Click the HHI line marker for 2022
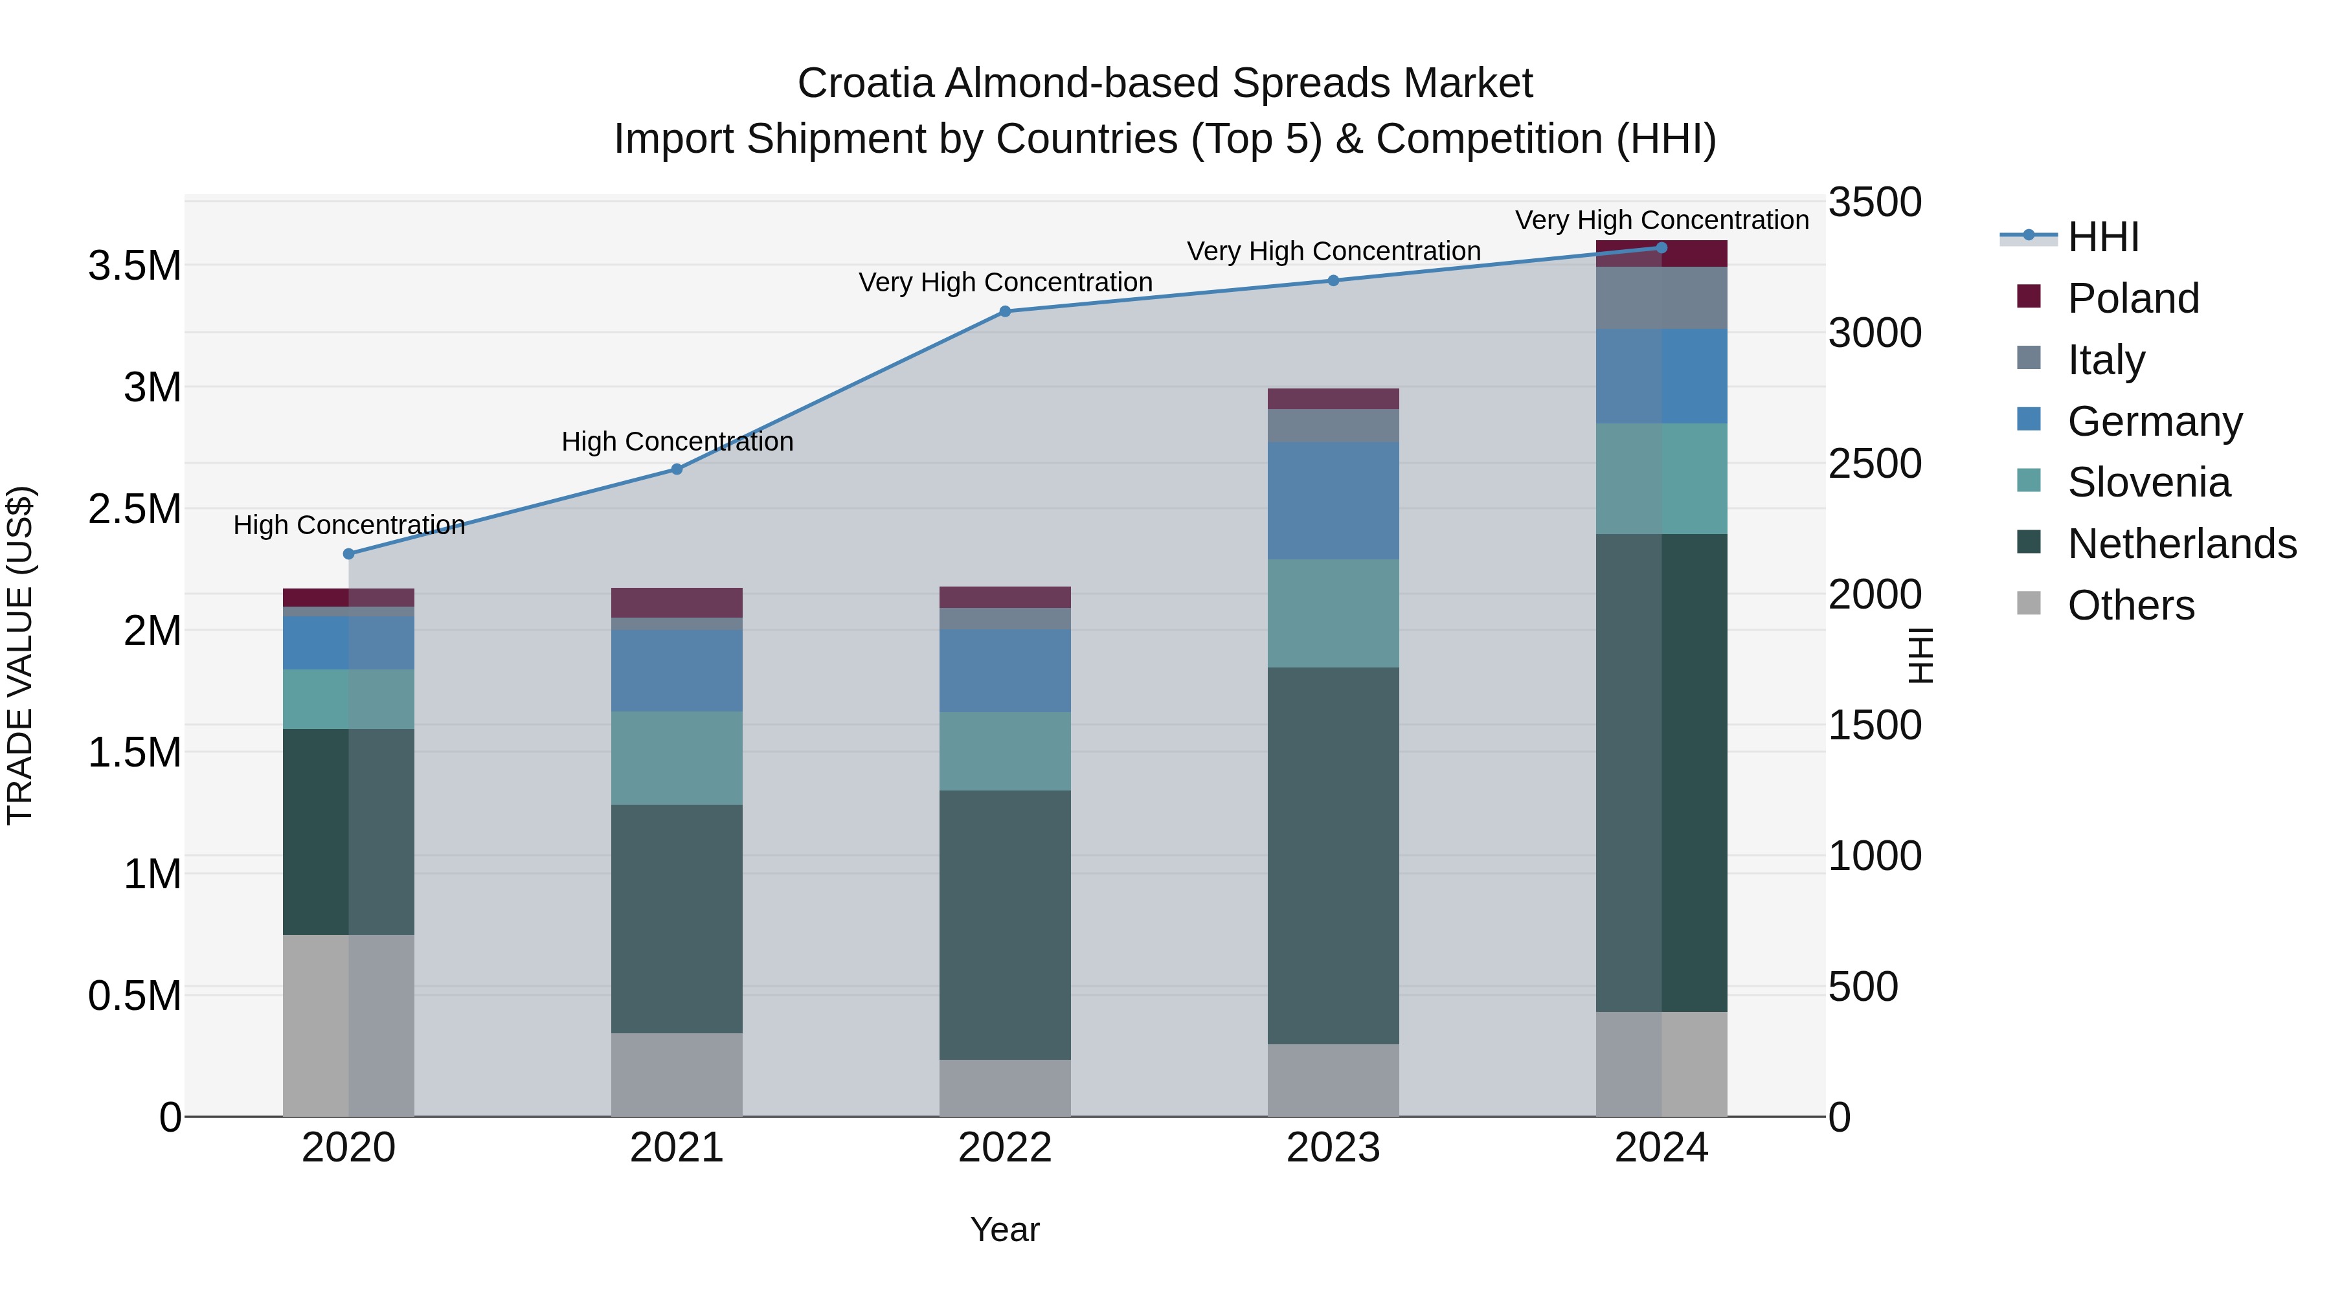coord(1004,311)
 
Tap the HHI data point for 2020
coord(348,554)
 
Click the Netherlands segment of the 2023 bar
coord(1333,855)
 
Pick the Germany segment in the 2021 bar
coord(677,671)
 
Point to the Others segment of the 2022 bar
coord(1004,1088)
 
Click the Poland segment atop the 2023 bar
coord(1333,399)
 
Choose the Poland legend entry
coord(2133,298)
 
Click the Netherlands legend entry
coord(2181,544)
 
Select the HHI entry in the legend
coord(2103,237)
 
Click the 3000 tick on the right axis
coord(1874,333)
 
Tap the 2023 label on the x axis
coord(1333,1148)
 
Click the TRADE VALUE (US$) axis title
coord(20,655)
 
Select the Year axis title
coord(1004,1229)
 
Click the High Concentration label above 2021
coord(677,442)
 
